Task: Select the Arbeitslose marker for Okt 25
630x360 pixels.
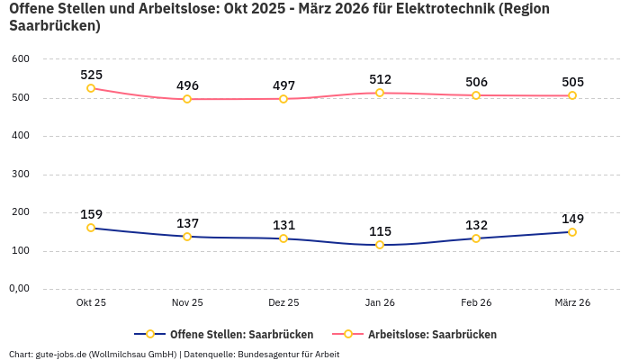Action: coord(91,88)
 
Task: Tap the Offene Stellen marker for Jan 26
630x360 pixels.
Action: coord(380,245)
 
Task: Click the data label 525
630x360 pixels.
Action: coord(91,75)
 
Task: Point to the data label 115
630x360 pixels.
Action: coord(380,231)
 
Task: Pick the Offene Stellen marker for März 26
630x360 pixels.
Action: coord(572,232)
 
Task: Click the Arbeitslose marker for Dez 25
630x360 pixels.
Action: coord(283,99)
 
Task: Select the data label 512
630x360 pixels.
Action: coord(380,79)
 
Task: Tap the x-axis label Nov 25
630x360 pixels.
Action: coord(187,303)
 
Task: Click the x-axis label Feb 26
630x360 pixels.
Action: coord(476,303)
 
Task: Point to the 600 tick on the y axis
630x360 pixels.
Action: coord(21,59)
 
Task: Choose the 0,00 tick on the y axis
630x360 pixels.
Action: coord(19,289)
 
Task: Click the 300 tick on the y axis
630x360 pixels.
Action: coord(21,174)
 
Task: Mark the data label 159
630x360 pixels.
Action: coord(91,214)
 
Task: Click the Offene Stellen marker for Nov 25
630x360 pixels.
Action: coord(187,237)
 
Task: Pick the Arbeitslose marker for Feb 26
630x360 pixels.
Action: coord(476,95)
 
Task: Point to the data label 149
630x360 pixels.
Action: coord(572,219)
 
